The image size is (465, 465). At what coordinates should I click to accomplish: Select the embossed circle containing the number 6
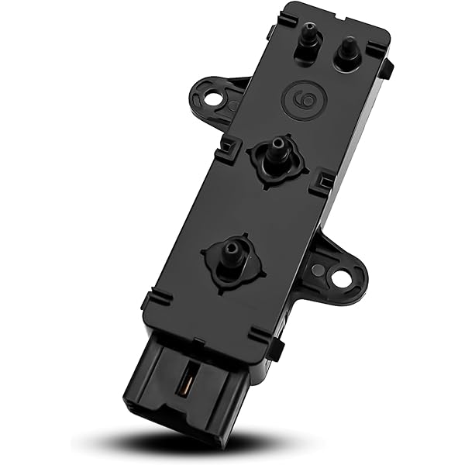(x=303, y=99)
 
